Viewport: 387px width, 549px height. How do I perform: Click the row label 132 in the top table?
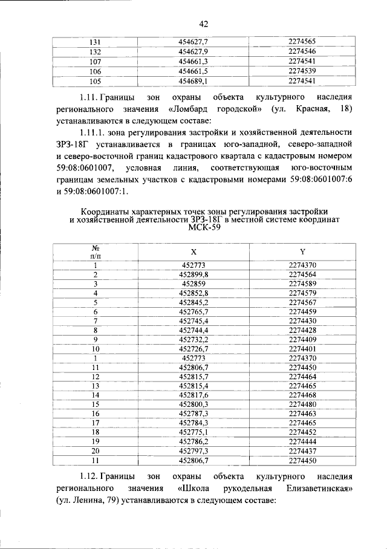(x=94, y=51)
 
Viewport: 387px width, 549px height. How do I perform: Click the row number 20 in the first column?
(x=95, y=450)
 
